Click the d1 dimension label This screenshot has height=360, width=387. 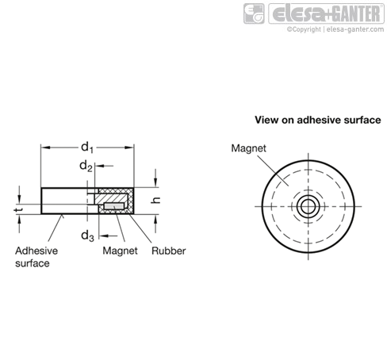(87, 147)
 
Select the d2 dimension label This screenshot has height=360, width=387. (86, 167)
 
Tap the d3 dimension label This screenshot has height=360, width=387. (87, 236)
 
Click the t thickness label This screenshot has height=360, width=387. (18, 210)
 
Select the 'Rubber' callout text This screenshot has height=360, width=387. (169, 251)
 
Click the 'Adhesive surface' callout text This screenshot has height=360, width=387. (36, 257)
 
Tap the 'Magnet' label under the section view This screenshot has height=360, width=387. (120, 251)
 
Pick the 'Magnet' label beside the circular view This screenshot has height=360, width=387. (248, 148)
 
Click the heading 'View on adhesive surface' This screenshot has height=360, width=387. (318, 120)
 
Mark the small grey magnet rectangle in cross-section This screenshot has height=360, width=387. (114, 206)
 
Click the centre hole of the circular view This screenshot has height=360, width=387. (308, 206)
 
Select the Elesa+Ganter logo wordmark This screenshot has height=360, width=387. (326, 13)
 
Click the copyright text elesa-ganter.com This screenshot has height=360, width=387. (335, 29)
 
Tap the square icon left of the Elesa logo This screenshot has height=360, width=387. (254, 13)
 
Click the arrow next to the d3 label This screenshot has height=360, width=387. (109, 236)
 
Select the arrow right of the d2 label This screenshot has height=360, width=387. (104, 166)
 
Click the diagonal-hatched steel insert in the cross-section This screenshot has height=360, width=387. (111, 198)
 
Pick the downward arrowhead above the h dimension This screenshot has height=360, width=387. (155, 182)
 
